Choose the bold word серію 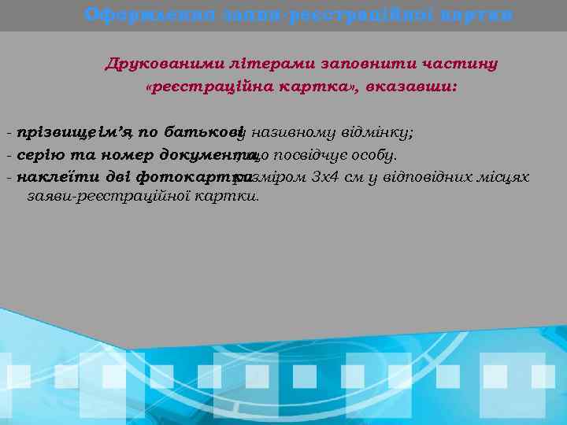tap(40, 154)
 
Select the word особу tap(376, 154)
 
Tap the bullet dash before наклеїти tap(8, 177)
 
